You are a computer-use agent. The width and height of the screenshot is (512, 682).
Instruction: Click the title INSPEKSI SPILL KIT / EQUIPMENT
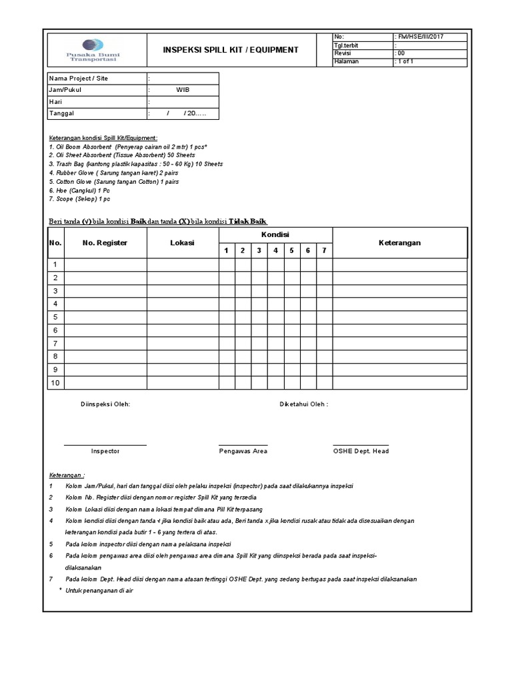(x=231, y=50)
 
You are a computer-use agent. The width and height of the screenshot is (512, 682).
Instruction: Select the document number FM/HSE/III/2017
(x=420, y=37)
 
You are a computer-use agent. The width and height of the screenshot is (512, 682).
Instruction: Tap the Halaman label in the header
(x=347, y=61)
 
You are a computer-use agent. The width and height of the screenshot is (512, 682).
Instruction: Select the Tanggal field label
(x=62, y=114)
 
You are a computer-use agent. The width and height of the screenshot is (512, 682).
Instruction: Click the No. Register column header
(x=105, y=243)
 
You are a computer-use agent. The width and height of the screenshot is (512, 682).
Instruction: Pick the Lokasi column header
(x=182, y=243)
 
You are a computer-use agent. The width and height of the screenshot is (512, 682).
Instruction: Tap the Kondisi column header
(x=275, y=235)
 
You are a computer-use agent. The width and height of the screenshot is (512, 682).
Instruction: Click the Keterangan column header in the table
(x=400, y=243)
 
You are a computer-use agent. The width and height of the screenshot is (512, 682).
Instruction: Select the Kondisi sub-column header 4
(x=275, y=251)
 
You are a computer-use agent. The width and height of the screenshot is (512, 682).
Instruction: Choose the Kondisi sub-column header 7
(x=324, y=251)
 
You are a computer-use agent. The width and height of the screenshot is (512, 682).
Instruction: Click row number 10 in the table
(x=55, y=383)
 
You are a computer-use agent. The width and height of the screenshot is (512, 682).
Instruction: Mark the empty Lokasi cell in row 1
(x=182, y=265)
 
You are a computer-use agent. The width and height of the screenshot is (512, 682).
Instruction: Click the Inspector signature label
(x=105, y=451)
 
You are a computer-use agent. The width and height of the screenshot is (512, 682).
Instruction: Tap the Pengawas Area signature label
(x=243, y=451)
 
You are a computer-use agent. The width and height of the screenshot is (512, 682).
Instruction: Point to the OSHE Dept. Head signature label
(x=361, y=451)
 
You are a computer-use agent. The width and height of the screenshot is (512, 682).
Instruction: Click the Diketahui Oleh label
(x=303, y=404)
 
